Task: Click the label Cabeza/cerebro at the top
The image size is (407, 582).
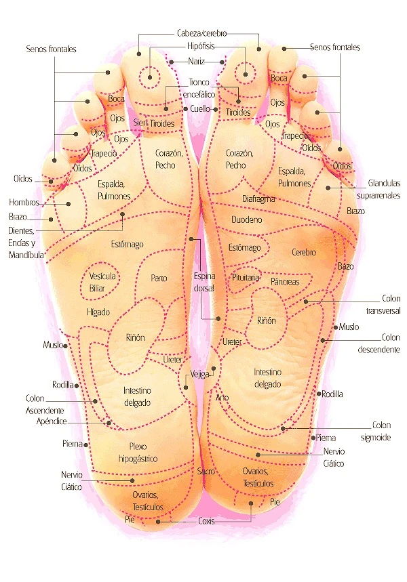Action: pyautogui.click(x=202, y=33)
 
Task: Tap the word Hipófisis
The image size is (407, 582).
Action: pyautogui.click(x=201, y=46)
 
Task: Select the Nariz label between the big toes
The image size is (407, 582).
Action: pyautogui.click(x=196, y=61)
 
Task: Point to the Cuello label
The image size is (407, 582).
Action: pyautogui.click(x=200, y=109)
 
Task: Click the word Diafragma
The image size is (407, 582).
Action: pyautogui.click(x=258, y=199)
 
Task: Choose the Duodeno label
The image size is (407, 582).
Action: pyautogui.click(x=247, y=220)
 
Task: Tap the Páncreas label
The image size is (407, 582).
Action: pyautogui.click(x=285, y=282)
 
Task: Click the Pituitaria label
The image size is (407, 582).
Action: pyautogui.click(x=246, y=277)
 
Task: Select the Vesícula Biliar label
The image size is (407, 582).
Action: pyautogui.click(x=102, y=282)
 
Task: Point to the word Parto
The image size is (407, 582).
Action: pyautogui.click(x=159, y=278)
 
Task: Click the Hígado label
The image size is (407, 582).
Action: pyautogui.click(x=98, y=312)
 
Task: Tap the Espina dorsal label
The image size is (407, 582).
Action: pyautogui.click(x=204, y=282)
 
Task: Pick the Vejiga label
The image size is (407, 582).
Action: pyautogui.click(x=200, y=374)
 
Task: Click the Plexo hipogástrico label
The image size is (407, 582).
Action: pyautogui.click(x=138, y=453)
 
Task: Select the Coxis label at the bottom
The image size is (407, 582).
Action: pyautogui.click(x=206, y=521)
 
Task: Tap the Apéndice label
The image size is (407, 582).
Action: pyautogui.click(x=52, y=421)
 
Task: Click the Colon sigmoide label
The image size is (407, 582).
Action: pyautogui.click(x=376, y=432)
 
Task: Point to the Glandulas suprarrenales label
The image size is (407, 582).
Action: pyautogui.click(x=379, y=189)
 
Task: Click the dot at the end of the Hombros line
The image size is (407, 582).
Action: pyautogui.click(x=69, y=204)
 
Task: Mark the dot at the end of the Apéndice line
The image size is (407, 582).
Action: pyautogui.click(x=109, y=423)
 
